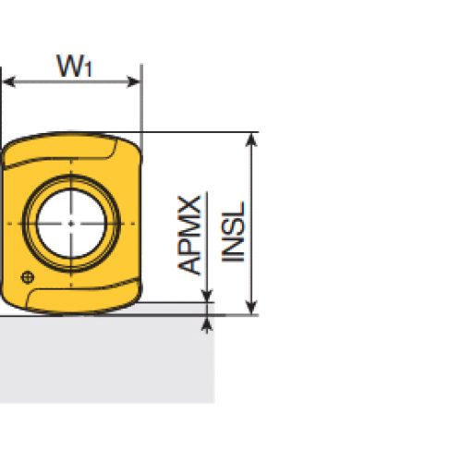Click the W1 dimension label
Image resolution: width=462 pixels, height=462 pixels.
coord(75,66)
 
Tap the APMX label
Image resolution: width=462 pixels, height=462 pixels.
coord(189,235)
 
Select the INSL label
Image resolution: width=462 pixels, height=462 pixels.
coord(233,232)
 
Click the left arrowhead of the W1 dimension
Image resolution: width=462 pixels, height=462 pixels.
coord(8,82)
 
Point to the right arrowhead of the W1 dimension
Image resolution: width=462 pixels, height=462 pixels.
coord(134,82)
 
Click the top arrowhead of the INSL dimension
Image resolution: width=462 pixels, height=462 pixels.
coord(251,140)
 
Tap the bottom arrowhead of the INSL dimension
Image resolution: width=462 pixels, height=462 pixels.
coord(251,308)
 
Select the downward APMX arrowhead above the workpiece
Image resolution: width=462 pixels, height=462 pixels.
coord(207,296)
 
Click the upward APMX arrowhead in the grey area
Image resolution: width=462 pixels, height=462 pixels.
coord(207,324)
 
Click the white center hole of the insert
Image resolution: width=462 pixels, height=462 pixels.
coord(71,224)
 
